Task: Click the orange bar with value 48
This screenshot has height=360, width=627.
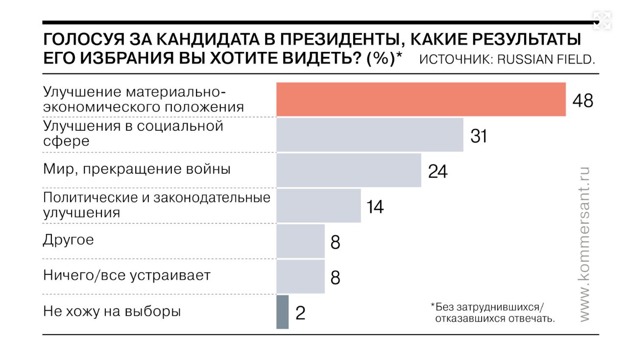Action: click(x=421, y=99)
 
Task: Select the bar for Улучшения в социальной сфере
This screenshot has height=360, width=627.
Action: click(x=370, y=135)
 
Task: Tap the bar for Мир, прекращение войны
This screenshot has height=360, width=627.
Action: click(x=349, y=170)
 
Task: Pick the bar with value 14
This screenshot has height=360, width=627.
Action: click(x=318, y=206)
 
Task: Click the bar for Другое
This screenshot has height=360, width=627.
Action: click(x=300, y=241)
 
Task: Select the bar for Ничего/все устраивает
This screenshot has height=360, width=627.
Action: click(x=300, y=277)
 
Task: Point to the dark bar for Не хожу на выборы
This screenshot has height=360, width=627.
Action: click(x=283, y=312)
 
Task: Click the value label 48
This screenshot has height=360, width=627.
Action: click(x=582, y=100)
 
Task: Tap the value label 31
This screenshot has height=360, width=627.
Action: click(x=479, y=136)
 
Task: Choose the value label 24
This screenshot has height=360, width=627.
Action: click(x=437, y=171)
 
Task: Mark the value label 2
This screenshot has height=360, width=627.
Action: click(x=300, y=313)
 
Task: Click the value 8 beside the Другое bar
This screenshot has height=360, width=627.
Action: click(x=335, y=242)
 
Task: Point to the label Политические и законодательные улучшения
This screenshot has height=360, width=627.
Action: click(x=157, y=205)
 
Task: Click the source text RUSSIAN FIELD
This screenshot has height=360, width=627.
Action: click(x=546, y=59)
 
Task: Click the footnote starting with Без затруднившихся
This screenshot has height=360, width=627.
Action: click(x=492, y=313)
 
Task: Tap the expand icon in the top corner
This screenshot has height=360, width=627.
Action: click(x=602, y=21)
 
